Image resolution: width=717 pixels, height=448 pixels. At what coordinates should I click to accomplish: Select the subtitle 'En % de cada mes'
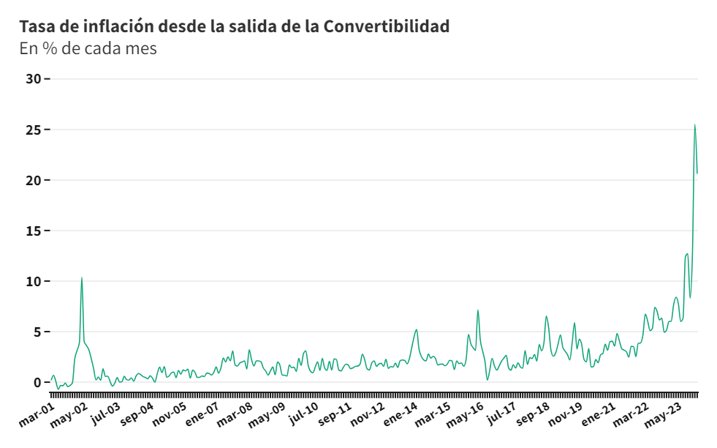coord(88,48)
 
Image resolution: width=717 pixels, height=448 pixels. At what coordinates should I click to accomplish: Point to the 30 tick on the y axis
coord(34,78)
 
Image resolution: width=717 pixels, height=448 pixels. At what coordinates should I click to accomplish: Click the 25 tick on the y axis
coord(34,130)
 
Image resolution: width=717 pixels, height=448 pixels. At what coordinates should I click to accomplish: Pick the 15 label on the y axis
coord(34,231)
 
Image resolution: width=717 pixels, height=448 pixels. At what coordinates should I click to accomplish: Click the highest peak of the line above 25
coord(694,125)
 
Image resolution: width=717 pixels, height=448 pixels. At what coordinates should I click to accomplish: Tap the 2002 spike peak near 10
coord(81,277)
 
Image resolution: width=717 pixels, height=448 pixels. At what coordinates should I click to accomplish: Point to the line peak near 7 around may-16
coord(478,310)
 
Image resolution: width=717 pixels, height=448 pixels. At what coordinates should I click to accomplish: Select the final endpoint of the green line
coord(697,173)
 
